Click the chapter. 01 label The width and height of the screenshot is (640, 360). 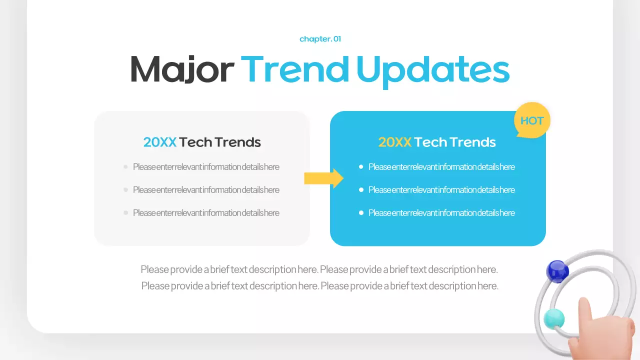tap(320, 39)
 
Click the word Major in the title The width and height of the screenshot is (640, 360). tap(181, 69)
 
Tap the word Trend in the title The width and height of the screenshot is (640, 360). tap(295, 69)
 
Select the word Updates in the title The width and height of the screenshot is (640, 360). tap(433, 70)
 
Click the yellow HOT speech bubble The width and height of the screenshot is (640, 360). tap(532, 120)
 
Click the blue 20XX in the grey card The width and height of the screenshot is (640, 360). tap(160, 142)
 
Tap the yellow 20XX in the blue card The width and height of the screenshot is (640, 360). tap(395, 142)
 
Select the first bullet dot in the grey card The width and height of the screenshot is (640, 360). tap(125, 167)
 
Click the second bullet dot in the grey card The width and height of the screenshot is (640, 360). tap(125, 190)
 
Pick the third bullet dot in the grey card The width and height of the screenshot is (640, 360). tap(125, 213)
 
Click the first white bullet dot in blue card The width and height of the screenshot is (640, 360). tap(361, 167)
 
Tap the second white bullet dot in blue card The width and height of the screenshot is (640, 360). tap(361, 190)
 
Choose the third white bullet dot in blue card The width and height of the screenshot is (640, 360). tap(361, 213)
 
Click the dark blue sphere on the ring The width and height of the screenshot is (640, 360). tap(557, 271)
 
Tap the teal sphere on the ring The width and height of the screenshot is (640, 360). tap(554, 318)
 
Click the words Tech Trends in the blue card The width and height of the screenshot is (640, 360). tap(455, 142)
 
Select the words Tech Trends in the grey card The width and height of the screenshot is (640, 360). tap(220, 142)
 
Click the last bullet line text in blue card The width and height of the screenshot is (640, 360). tap(441, 213)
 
